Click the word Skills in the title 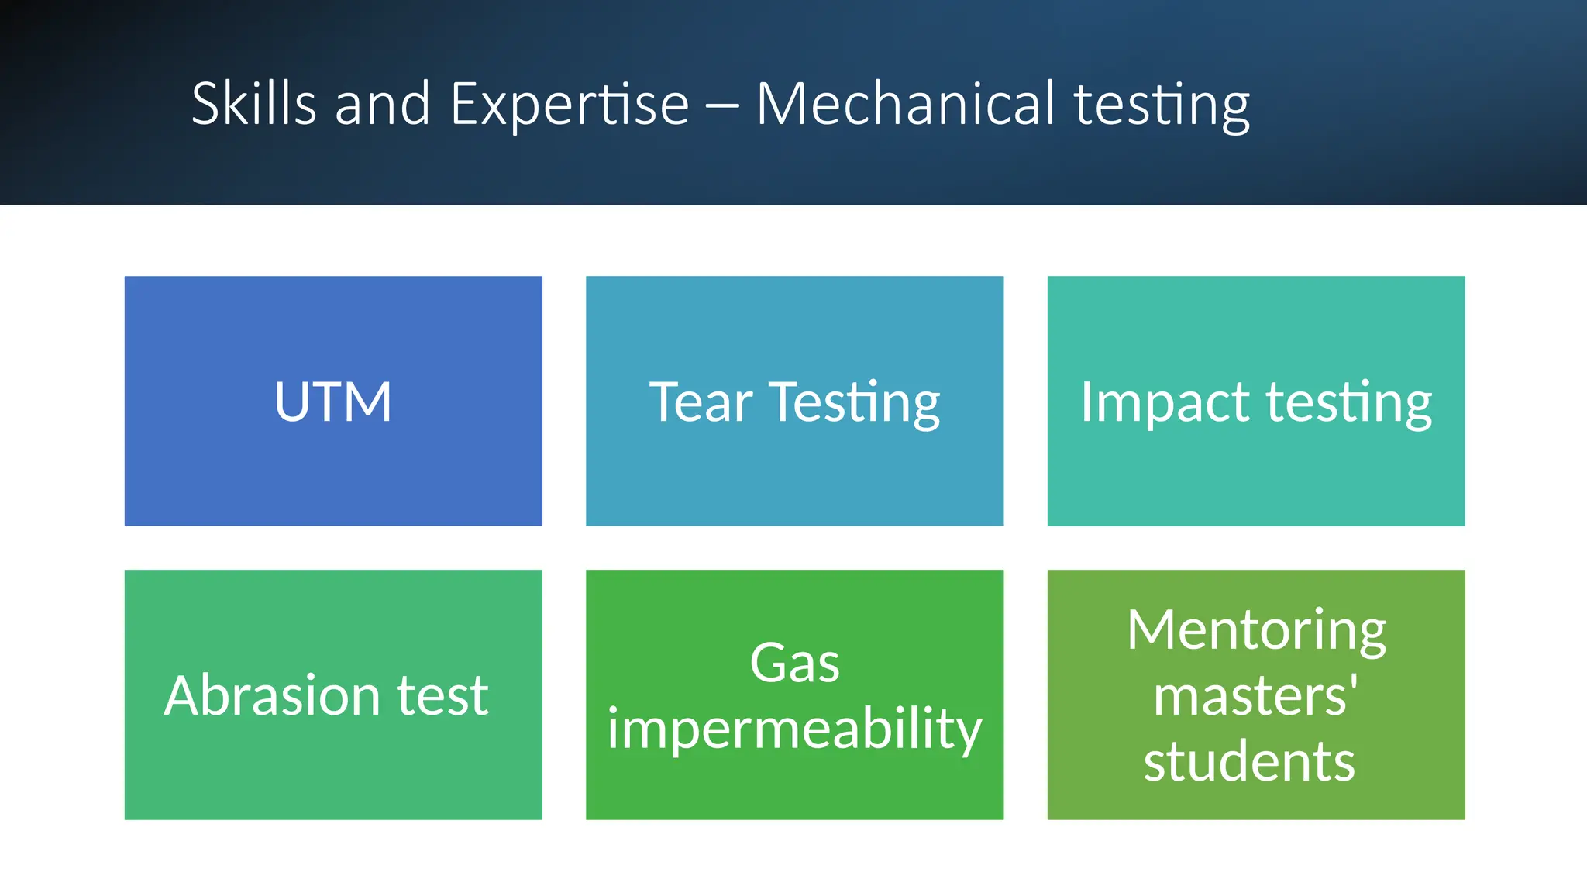click(x=253, y=104)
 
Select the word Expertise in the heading click(x=570, y=105)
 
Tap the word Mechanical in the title click(x=905, y=104)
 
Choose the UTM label click(x=333, y=402)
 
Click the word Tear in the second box click(x=701, y=402)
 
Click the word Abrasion click(x=271, y=695)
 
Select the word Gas click(x=794, y=664)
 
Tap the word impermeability click(x=794, y=730)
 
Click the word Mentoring click(x=1256, y=631)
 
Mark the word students click(x=1249, y=761)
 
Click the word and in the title click(x=382, y=104)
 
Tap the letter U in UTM click(x=293, y=402)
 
